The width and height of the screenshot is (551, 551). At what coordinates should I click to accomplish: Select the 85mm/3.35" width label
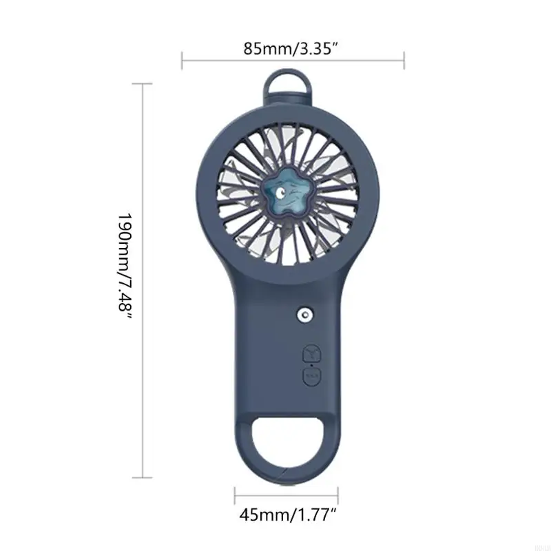tap(292, 49)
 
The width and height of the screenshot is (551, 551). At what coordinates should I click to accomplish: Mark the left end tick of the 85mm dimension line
tap(182, 60)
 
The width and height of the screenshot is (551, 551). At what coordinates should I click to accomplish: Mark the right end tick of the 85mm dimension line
tap(404, 60)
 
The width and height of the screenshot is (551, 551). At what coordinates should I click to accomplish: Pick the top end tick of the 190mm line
tap(142, 84)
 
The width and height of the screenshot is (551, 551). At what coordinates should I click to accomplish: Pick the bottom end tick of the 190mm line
tap(142, 477)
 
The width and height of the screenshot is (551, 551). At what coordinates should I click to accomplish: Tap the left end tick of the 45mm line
tap(235, 495)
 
